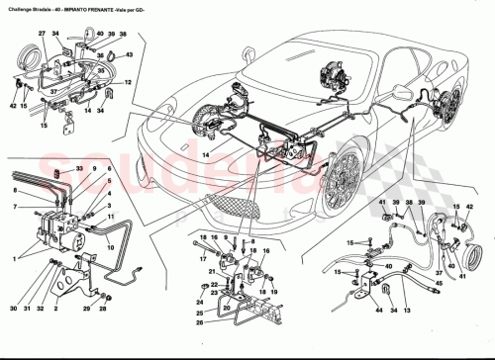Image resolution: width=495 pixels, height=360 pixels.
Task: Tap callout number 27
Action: click(x=43, y=35)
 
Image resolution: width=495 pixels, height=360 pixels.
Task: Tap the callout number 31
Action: click(x=31, y=311)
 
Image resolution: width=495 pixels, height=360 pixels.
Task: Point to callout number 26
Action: click(x=200, y=320)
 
